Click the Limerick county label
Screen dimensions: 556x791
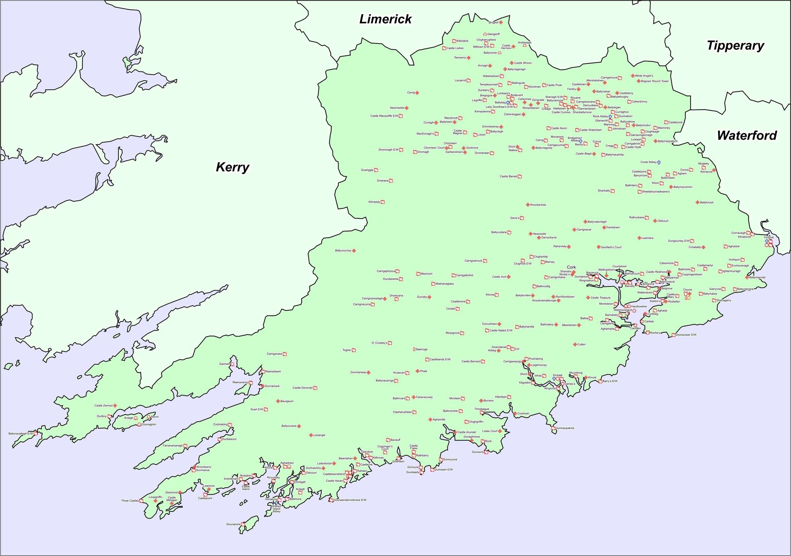click(x=385, y=19)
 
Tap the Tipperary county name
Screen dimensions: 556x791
click(x=735, y=46)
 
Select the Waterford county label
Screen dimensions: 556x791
click(x=746, y=136)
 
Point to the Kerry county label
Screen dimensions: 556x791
click(x=232, y=167)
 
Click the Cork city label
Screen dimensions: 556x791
click(x=571, y=267)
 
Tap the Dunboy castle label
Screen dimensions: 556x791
click(x=101, y=416)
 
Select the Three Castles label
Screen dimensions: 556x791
click(x=129, y=501)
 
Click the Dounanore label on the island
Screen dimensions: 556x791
click(x=233, y=524)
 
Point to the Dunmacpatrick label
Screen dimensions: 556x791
click(x=565, y=428)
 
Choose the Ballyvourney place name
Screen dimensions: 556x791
click(x=343, y=251)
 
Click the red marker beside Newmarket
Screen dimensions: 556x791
click(x=407, y=108)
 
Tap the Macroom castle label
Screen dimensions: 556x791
click(x=426, y=274)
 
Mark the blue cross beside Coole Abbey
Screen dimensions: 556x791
click(x=659, y=162)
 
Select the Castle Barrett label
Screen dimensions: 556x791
click(x=508, y=176)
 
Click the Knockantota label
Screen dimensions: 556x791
click(x=538, y=205)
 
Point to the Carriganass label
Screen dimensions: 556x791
click(x=274, y=354)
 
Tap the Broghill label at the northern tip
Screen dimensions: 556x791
click(x=493, y=22)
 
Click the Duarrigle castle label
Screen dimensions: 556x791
click(x=367, y=170)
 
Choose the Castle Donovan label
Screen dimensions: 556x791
click(x=302, y=388)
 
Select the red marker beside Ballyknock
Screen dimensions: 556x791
click(x=697, y=202)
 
